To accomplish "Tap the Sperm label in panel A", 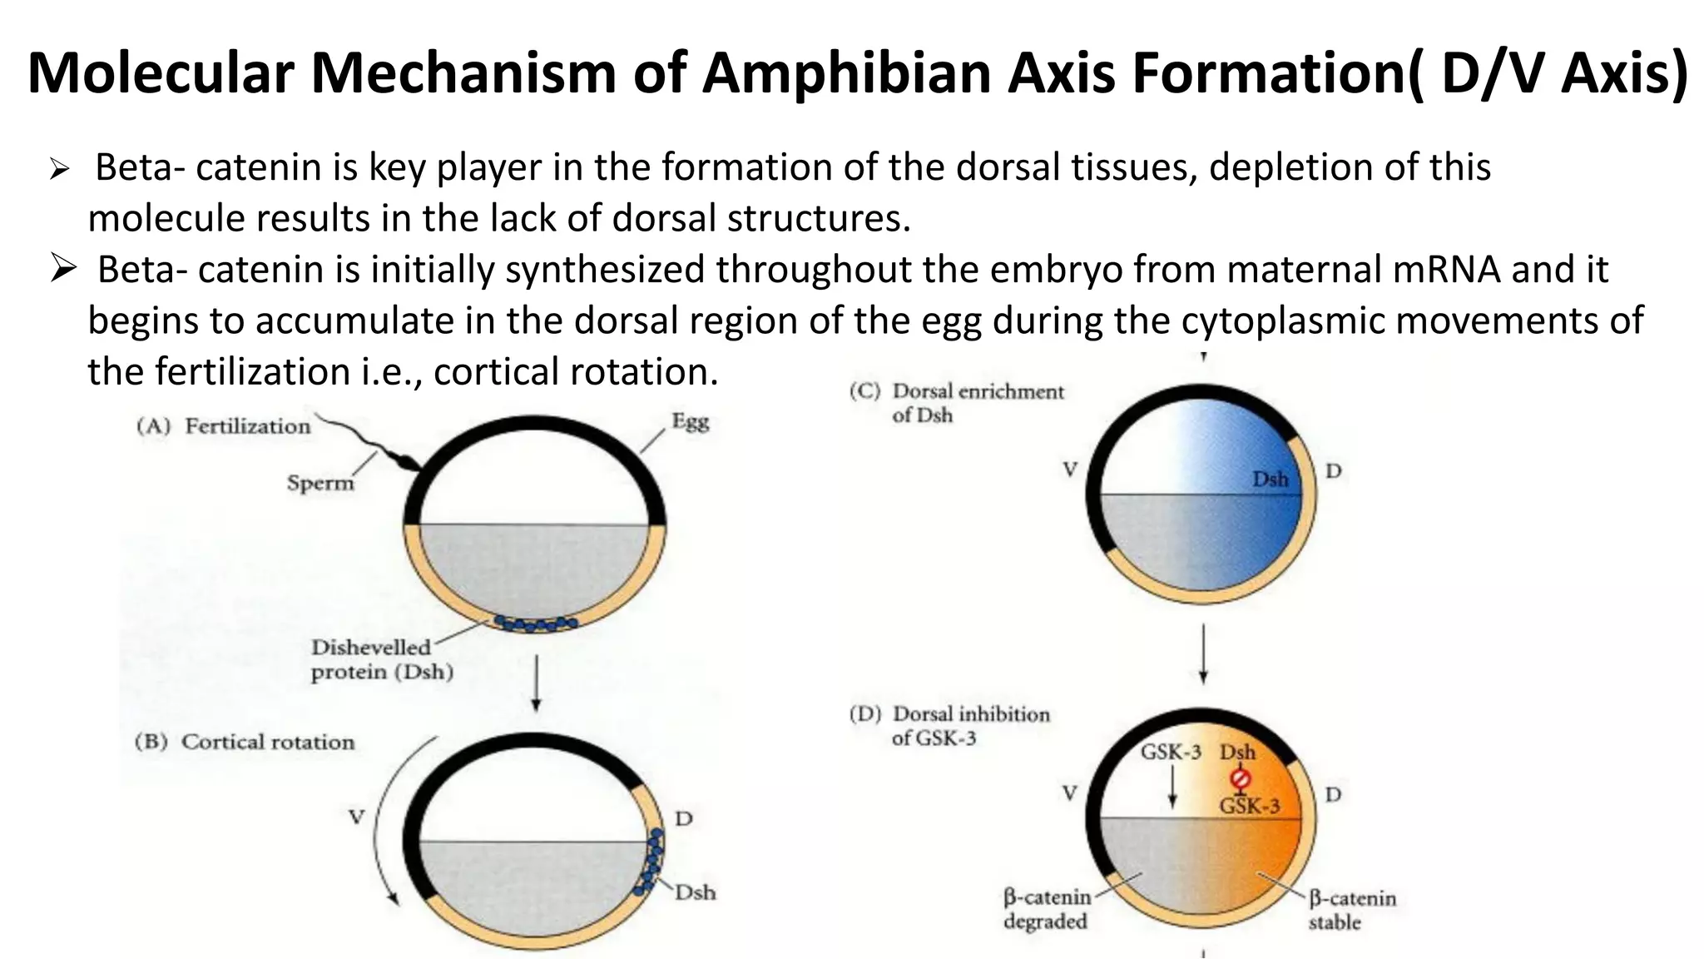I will tap(320, 483).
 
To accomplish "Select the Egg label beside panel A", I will tap(691, 421).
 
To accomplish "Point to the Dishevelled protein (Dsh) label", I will tap(382, 659).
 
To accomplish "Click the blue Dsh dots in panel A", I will tap(535, 623).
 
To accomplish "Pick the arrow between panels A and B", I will tap(537, 683).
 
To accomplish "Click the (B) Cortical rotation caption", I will tap(245, 742).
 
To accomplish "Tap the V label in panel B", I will tap(356, 817).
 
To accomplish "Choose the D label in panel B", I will tap(683, 818).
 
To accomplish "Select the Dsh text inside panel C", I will tap(1270, 479).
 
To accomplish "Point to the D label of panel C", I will tap(1333, 471).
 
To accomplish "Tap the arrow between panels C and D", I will tap(1203, 653).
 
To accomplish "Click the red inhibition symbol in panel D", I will tap(1240, 778).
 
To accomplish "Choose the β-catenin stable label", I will tap(1351, 910).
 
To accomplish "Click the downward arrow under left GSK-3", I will tap(1172, 786).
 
